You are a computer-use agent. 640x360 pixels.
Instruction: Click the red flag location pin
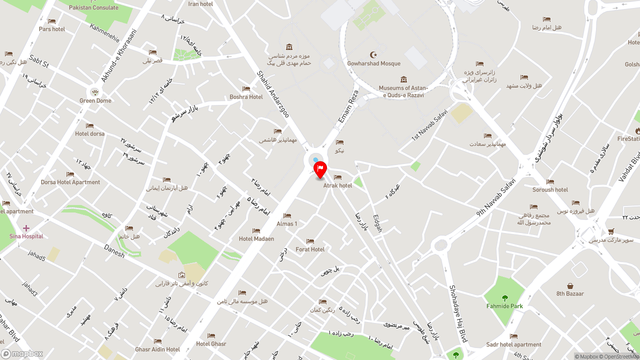pyautogui.click(x=320, y=169)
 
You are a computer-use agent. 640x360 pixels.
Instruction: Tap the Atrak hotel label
pyautogui.click(x=337, y=185)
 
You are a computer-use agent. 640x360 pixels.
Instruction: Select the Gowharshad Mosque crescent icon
pyautogui.click(x=373, y=54)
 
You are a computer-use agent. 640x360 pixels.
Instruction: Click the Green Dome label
pyautogui.click(x=95, y=101)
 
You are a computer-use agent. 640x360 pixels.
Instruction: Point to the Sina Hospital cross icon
pyautogui.click(x=26, y=228)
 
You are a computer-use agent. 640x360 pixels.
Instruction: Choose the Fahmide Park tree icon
pyautogui.click(x=504, y=298)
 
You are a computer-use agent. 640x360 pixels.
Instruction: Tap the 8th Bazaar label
pyautogui.click(x=570, y=294)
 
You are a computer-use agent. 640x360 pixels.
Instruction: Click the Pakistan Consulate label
pyautogui.click(x=93, y=8)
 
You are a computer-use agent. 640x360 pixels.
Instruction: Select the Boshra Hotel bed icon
pyautogui.click(x=246, y=89)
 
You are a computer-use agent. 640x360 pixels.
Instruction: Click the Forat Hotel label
pyautogui.click(x=310, y=249)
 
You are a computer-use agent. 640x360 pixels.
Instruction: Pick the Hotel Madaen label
pyautogui.click(x=256, y=239)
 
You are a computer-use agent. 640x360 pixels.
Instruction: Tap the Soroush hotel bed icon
pyautogui.click(x=550, y=182)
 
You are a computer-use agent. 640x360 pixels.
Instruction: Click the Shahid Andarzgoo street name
pyautogui.click(x=273, y=93)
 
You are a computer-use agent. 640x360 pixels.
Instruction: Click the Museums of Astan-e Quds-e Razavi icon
pyautogui.click(x=403, y=79)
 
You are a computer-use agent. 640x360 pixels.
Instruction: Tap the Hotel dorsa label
pyautogui.click(x=90, y=134)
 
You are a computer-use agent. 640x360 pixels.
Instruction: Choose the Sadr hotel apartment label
pyautogui.click(x=514, y=344)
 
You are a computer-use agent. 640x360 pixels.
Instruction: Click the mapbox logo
pyautogui.click(x=22, y=354)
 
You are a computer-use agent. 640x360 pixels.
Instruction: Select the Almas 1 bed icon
pyautogui.click(x=287, y=216)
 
